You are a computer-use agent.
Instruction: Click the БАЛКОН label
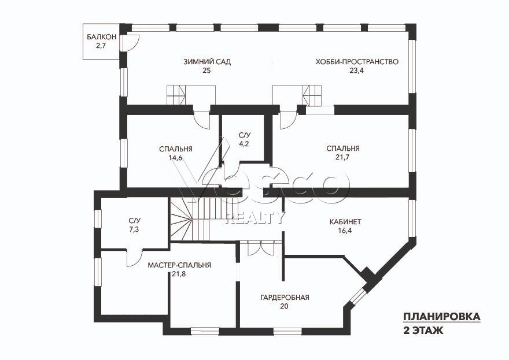click(101, 37)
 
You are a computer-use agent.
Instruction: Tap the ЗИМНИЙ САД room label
click(207, 62)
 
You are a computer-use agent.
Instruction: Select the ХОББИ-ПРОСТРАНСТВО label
click(357, 62)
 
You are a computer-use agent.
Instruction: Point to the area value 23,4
click(356, 70)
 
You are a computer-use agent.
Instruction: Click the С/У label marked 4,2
click(245, 135)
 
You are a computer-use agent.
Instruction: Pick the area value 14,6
click(176, 158)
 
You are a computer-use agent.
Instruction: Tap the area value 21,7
click(343, 157)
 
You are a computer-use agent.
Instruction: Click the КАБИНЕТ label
click(345, 222)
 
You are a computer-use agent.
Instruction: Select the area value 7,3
click(134, 230)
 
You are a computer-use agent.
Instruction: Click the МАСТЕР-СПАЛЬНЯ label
click(179, 265)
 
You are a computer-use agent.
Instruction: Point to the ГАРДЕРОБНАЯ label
click(285, 298)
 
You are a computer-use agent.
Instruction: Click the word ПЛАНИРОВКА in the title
click(442, 317)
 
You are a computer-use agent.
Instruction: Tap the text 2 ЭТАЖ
click(423, 331)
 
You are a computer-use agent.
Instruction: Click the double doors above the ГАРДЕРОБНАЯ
click(261, 248)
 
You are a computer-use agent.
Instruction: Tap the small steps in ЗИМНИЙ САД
click(176, 95)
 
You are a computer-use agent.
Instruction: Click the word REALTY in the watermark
click(256, 218)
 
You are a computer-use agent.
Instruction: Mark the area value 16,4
click(345, 231)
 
